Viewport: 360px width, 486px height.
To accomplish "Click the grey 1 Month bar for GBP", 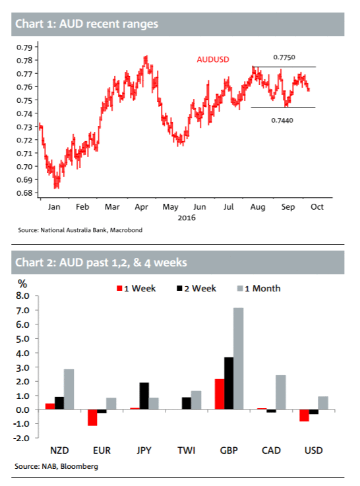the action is pyautogui.click(x=238, y=359).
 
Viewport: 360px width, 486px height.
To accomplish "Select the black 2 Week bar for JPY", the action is pyautogui.click(x=144, y=396).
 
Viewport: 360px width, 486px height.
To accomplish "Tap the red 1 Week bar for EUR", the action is pyautogui.click(x=92, y=417).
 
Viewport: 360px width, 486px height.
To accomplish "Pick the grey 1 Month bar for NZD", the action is pyautogui.click(x=69, y=389).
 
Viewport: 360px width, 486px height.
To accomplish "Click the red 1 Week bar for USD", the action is pyautogui.click(x=304, y=415).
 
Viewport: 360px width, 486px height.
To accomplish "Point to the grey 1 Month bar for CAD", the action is pyautogui.click(x=281, y=392).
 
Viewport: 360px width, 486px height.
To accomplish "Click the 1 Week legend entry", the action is pyautogui.click(x=136, y=289).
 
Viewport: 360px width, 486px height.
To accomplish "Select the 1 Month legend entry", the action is pyautogui.click(x=259, y=289).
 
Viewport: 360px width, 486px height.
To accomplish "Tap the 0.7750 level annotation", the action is pyautogui.click(x=284, y=57).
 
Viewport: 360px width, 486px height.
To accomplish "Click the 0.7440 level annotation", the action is pyautogui.click(x=282, y=120).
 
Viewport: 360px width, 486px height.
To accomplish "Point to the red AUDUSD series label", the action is pyautogui.click(x=213, y=59).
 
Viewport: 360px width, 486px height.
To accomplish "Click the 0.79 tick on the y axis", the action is pyautogui.click(x=24, y=47).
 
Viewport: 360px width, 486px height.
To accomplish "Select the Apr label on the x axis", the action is pyautogui.click(x=141, y=207).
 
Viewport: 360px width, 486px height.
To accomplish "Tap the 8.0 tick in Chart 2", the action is pyautogui.click(x=22, y=295).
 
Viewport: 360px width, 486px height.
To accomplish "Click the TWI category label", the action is pyautogui.click(x=187, y=450).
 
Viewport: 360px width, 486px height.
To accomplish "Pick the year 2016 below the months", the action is pyautogui.click(x=187, y=218).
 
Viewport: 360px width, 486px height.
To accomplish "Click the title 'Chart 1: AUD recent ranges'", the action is pyautogui.click(x=87, y=24).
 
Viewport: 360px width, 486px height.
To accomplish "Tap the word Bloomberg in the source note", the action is pyautogui.click(x=79, y=466).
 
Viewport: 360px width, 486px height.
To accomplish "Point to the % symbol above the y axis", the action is pyautogui.click(x=22, y=284).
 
